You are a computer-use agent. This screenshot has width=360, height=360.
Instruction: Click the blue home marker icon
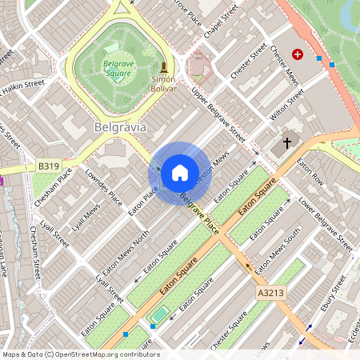[x=180, y=173]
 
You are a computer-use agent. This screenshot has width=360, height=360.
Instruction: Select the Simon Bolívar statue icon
[x=164, y=66]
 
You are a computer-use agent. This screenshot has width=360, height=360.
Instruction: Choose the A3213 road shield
[x=269, y=294]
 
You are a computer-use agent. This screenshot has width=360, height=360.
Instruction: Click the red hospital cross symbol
[x=298, y=54]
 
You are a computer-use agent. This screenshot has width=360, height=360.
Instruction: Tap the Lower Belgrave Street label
[x=326, y=218]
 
